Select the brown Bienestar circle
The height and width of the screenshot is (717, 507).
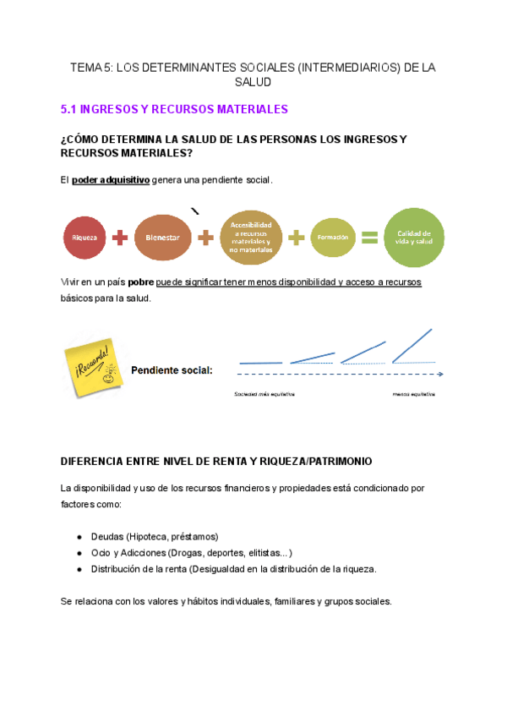tap(162, 238)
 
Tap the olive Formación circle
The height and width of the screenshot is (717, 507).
tap(332, 238)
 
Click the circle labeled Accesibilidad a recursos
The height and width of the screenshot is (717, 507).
tap(250, 238)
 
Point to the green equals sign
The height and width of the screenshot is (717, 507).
tap(369, 238)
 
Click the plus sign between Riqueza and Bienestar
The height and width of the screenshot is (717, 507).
tap(121, 238)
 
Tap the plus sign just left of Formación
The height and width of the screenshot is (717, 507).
tap(296, 238)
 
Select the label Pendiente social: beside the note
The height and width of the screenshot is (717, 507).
tap(172, 370)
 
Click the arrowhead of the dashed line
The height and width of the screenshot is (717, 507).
tap(442, 373)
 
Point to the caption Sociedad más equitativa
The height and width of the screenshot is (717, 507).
tap(264, 394)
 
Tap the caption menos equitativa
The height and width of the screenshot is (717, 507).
tap(414, 394)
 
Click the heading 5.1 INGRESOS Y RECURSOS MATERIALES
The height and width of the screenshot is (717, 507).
tap(175, 109)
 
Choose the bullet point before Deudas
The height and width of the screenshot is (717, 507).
tap(79, 537)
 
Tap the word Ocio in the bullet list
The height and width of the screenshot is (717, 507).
tap(100, 553)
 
